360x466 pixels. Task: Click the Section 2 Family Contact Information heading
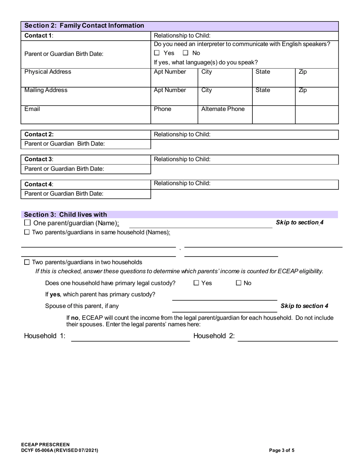(84, 26)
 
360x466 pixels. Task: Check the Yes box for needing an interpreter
(157, 53)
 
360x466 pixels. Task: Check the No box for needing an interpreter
(186, 53)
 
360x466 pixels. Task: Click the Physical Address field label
(48, 72)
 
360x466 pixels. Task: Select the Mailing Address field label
(46, 90)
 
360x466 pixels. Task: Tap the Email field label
(32, 109)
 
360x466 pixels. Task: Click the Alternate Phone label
(223, 109)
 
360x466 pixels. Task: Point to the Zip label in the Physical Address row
(303, 72)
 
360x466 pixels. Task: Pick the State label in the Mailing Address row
(263, 90)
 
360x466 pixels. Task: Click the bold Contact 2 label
(39, 134)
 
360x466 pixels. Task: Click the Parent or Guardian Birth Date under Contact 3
(64, 169)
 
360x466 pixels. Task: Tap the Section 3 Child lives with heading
(66, 214)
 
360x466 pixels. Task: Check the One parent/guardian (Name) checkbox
(27, 223)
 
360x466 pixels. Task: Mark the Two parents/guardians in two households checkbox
(27, 262)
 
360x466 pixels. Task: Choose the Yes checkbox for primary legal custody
(196, 283)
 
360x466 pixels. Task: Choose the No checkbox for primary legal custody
(239, 283)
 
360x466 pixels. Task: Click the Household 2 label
(214, 336)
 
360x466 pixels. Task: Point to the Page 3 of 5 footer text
(282, 450)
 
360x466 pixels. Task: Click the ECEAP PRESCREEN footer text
(45, 444)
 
